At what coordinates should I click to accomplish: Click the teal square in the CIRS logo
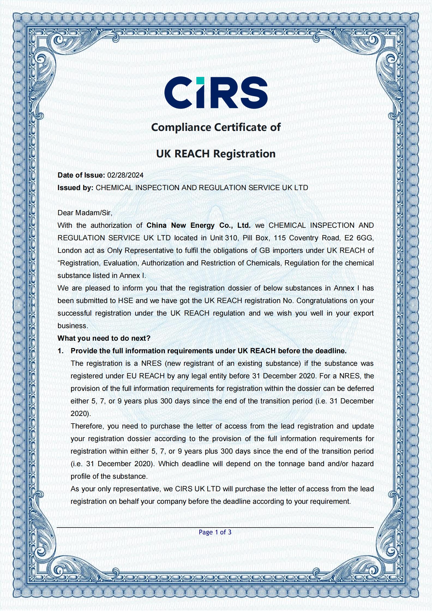200,81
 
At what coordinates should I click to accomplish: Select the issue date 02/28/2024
125,175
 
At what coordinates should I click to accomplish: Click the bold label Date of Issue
81,175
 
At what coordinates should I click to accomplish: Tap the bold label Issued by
75,188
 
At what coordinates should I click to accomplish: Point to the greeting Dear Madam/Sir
85,213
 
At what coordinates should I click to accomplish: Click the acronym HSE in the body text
125,301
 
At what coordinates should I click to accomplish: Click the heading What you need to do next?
104,338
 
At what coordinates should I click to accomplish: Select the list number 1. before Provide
61,351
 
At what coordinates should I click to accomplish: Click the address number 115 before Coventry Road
279,238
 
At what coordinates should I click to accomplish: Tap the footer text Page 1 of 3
215,532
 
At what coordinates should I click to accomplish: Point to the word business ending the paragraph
72,326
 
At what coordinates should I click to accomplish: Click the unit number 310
231,238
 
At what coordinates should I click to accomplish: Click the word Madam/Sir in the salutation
93,213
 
